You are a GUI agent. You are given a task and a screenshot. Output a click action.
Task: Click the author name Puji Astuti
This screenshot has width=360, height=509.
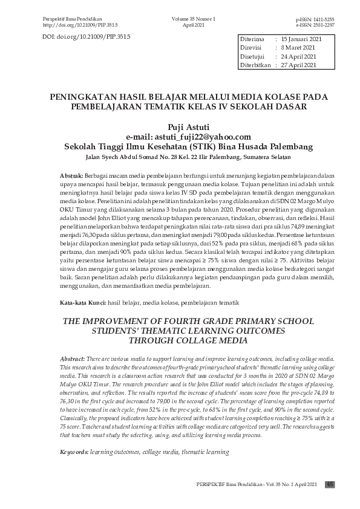(180, 127)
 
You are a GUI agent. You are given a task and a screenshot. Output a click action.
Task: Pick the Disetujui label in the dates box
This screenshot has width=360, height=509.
(253, 56)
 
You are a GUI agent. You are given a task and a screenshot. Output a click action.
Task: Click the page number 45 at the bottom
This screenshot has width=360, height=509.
(330, 484)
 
